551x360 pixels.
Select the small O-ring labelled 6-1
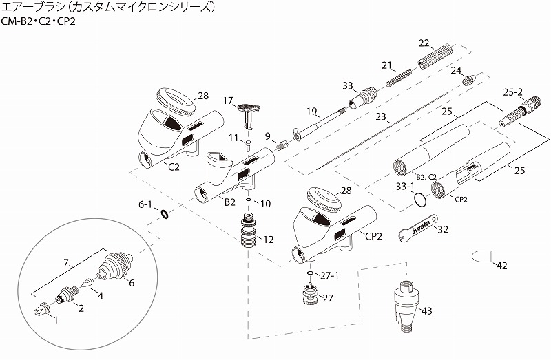pos(165,214)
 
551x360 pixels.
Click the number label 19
pos(311,111)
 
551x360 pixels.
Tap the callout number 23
pos(382,118)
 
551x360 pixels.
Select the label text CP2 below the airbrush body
pos(375,235)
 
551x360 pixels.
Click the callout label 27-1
pos(329,276)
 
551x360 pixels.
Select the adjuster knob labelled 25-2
pos(521,112)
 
